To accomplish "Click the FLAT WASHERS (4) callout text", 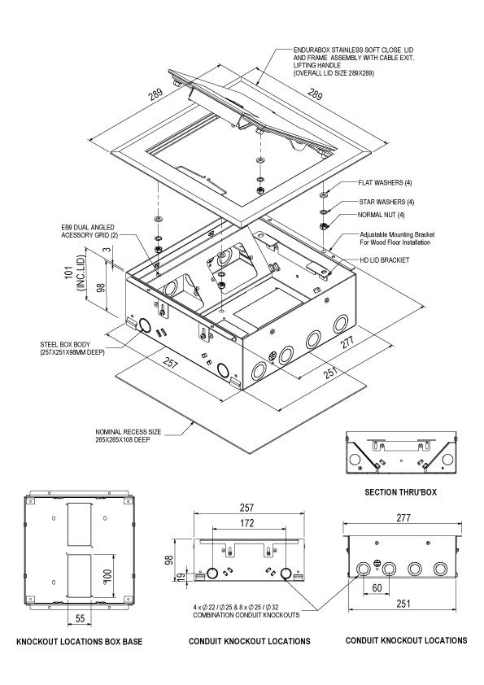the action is point(385,182).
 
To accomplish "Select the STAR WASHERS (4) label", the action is point(386,202).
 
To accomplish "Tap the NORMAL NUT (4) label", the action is point(381,215).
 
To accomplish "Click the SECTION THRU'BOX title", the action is point(400,492).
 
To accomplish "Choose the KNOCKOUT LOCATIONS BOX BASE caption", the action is point(79,642).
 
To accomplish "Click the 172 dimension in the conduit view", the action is point(247,523).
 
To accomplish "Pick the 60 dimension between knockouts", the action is point(377,587).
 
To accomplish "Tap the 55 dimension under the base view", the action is point(80,618).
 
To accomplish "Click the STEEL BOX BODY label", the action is point(72,348).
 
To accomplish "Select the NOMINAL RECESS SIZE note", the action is point(128,436).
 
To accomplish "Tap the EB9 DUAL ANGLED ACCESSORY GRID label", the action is point(88,232).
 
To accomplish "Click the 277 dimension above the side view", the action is point(403,517).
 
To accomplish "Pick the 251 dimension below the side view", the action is point(403,604).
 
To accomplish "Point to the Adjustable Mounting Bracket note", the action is point(397,238).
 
